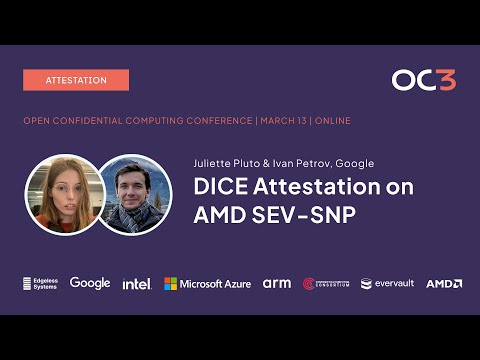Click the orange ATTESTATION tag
point(76,80)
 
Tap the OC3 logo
point(423,80)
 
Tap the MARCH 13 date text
point(282,121)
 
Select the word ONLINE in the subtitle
point(331,121)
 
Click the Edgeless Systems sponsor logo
point(40,284)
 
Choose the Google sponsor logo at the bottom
point(90,283)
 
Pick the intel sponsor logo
point(136,284)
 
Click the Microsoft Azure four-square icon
point(171,284)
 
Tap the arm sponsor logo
point(276,284)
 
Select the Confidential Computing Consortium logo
point(326,284)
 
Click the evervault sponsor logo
point(387,284)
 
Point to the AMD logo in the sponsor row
point(443,284)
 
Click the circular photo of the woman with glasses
point(63,194)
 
